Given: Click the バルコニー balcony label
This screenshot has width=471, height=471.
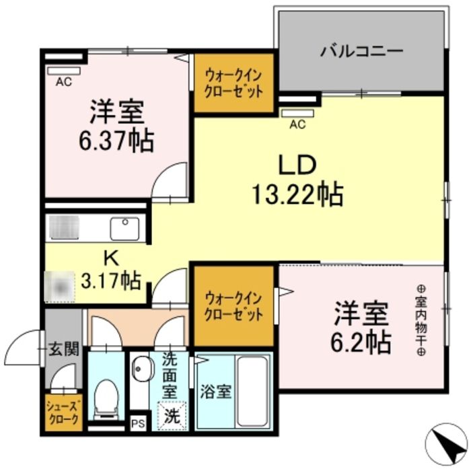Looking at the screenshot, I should click(x=361, y=50).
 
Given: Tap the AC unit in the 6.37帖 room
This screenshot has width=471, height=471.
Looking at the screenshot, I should click(x=64, y=70).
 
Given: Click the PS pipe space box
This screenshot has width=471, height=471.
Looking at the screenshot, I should click(x=139, y=423).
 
